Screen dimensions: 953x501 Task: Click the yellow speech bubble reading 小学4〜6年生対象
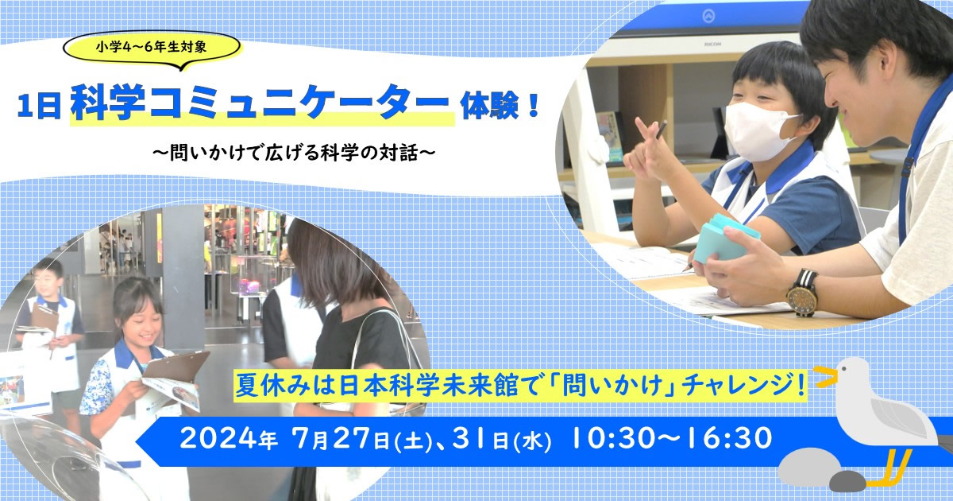pyautogui.click(x=152, y=49)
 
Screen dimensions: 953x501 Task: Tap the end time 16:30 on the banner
pyautogui.click(x=727, y=437)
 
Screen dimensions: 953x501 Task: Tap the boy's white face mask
pyautogui.click(x=759, y=132)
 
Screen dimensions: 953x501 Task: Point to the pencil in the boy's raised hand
pyautogui.click(x=661, y=130)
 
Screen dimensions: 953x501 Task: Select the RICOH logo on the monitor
pyautogui.click(x=712, y=45)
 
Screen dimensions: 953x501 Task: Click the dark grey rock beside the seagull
pyautogui.click(x=847, y=481)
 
